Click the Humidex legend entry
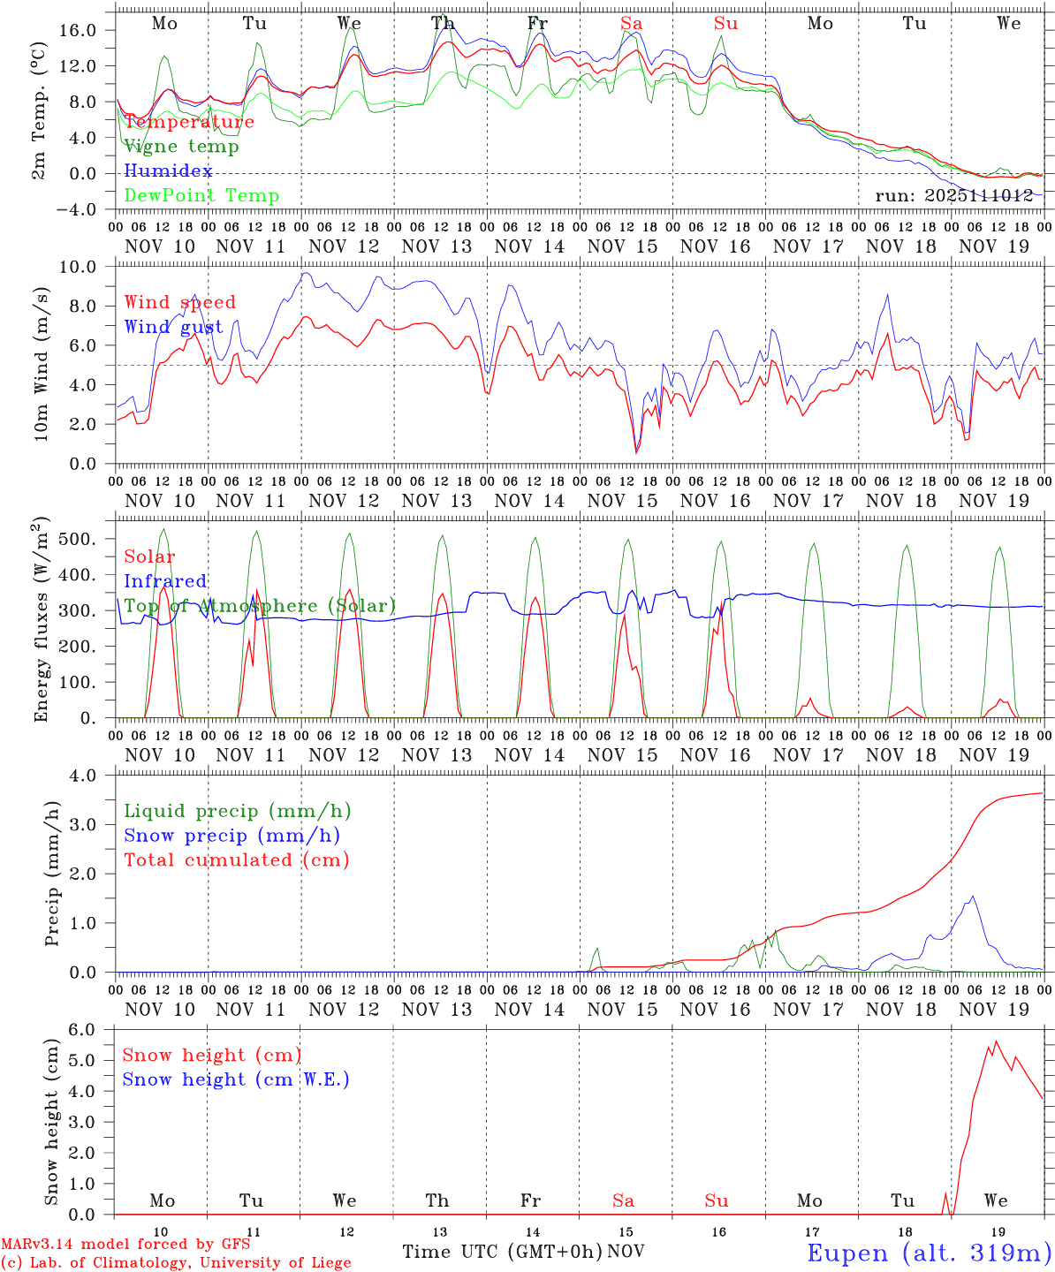coord(168,171)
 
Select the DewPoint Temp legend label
coord(201,196)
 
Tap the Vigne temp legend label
coord(181,147)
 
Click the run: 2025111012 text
coord(954,196)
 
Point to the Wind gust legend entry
coord(173,327)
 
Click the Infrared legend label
coord(165,581)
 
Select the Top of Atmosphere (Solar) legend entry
coord(260,606)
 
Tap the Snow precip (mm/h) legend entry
coord(231,836)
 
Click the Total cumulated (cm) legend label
coord(236,860)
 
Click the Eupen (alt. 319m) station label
coord(928,1253)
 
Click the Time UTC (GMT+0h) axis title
coord(503,1252)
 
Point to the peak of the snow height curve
coord(997,1041)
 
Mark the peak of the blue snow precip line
coord(973,897)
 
